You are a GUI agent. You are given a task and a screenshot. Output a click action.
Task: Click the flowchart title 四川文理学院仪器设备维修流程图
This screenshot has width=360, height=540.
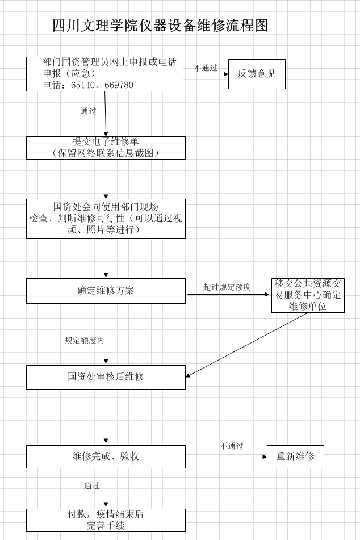[160, 26]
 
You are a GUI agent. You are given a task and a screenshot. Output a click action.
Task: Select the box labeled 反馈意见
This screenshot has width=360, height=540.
[257, 74]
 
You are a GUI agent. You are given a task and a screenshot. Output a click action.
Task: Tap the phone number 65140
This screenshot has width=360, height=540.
[83, 85]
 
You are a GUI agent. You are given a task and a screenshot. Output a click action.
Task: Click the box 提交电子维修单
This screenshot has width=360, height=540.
[106, 148]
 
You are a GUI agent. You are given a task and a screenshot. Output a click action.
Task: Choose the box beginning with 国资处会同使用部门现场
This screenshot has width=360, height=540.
[106, 219]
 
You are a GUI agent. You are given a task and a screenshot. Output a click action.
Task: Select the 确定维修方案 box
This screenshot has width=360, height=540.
[106, 291]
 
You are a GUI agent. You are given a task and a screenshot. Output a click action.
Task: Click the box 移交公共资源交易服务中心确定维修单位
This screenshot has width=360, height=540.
[308, 295]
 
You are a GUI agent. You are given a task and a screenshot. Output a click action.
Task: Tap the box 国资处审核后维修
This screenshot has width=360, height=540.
[106, 377]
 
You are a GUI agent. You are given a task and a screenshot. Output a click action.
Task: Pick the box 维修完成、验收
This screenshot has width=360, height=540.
[106, 457]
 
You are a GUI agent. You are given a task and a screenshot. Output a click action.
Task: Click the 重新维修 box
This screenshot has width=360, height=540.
[296, 457]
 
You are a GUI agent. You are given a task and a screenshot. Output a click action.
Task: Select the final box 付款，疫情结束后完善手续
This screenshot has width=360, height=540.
[106, 520]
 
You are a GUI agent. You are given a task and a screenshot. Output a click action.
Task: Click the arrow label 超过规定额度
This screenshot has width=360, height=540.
[227, 287]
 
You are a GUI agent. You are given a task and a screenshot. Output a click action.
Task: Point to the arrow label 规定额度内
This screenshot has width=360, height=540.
[85, 341]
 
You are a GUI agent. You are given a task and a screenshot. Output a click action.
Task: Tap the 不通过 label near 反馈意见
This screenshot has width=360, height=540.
[206, 68]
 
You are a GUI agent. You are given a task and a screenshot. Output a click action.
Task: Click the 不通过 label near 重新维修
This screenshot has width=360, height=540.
[232, 446]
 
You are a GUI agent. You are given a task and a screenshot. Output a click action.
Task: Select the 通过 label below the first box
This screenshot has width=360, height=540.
[89, 111]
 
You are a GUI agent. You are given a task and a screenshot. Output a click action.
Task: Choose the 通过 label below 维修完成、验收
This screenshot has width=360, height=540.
[92, 485]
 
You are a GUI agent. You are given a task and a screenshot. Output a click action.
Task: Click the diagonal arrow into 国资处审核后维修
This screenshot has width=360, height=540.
[246, 345]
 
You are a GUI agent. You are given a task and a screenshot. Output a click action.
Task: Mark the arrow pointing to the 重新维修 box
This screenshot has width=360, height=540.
[227, 457]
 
